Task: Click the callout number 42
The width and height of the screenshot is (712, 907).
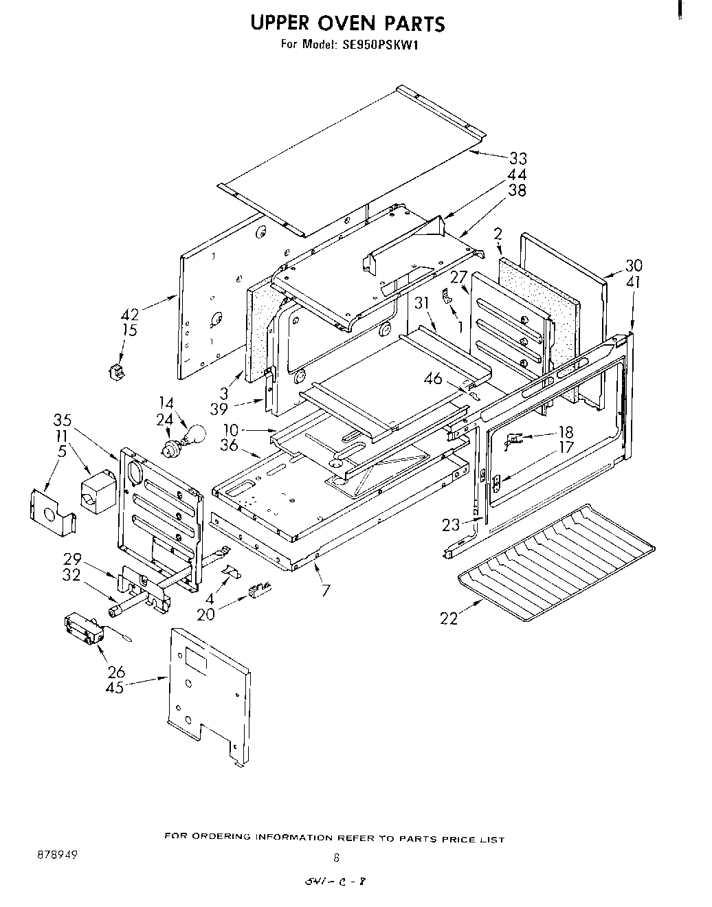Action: (130, 315)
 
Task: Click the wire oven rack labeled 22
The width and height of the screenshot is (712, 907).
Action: (557, 557)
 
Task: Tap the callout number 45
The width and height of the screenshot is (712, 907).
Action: (115, 686)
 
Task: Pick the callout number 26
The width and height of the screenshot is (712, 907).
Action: (115, 671)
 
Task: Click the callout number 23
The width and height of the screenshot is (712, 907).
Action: (451, 526)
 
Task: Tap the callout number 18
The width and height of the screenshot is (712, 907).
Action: (566, 432)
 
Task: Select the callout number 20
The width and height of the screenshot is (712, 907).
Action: (205, 614)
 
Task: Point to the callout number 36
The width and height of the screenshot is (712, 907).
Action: (229, 445)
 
